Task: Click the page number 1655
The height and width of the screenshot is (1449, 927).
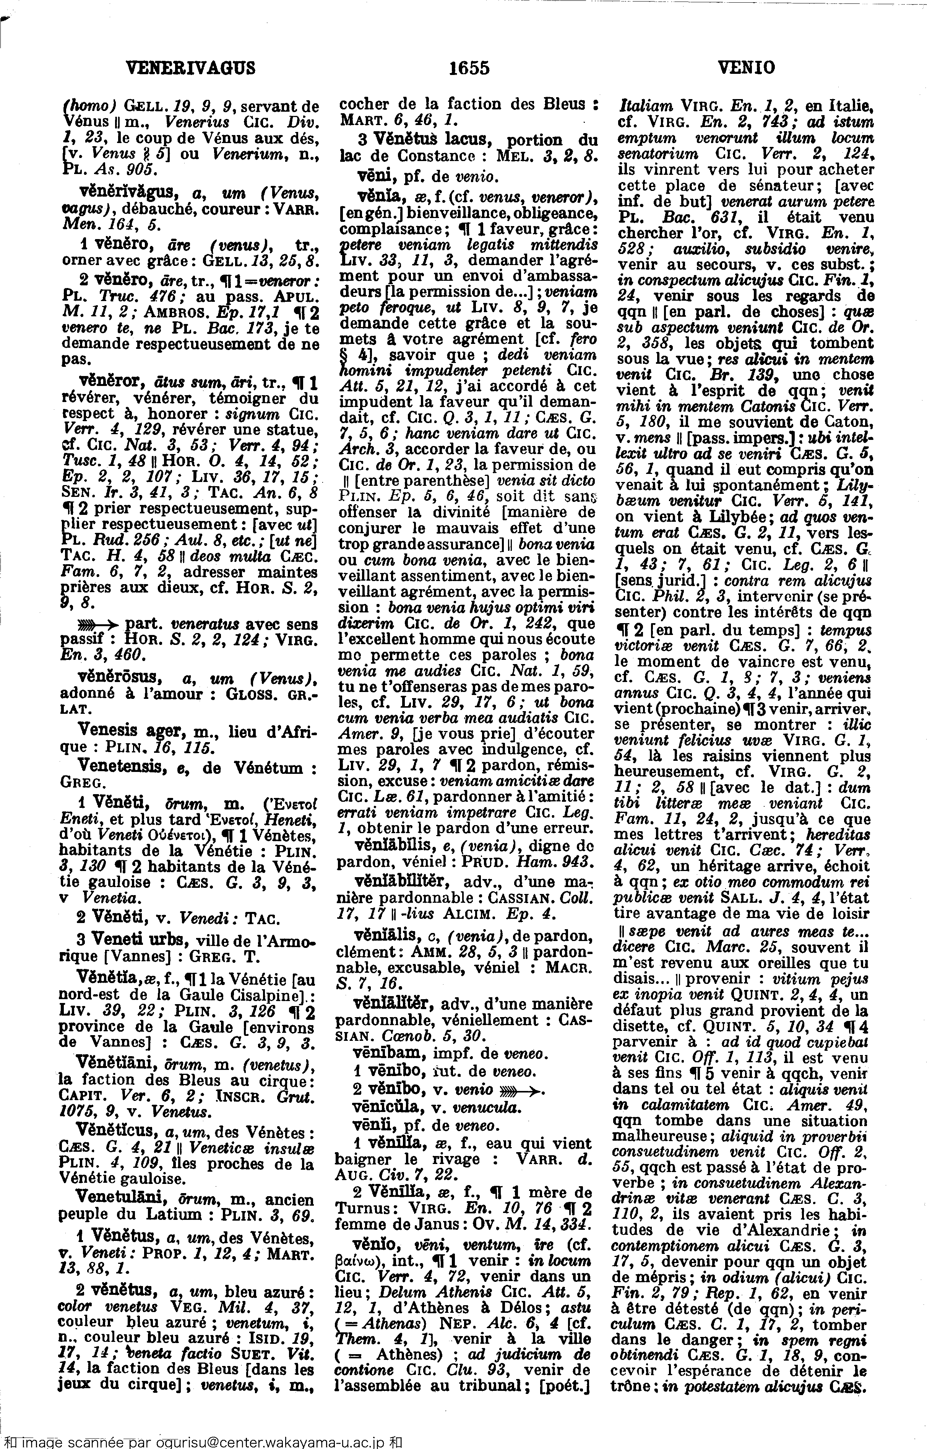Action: [469, 68]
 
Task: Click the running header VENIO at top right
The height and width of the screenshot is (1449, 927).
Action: [747, 68]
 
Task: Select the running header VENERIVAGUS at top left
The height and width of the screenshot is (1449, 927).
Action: [190, 68]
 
